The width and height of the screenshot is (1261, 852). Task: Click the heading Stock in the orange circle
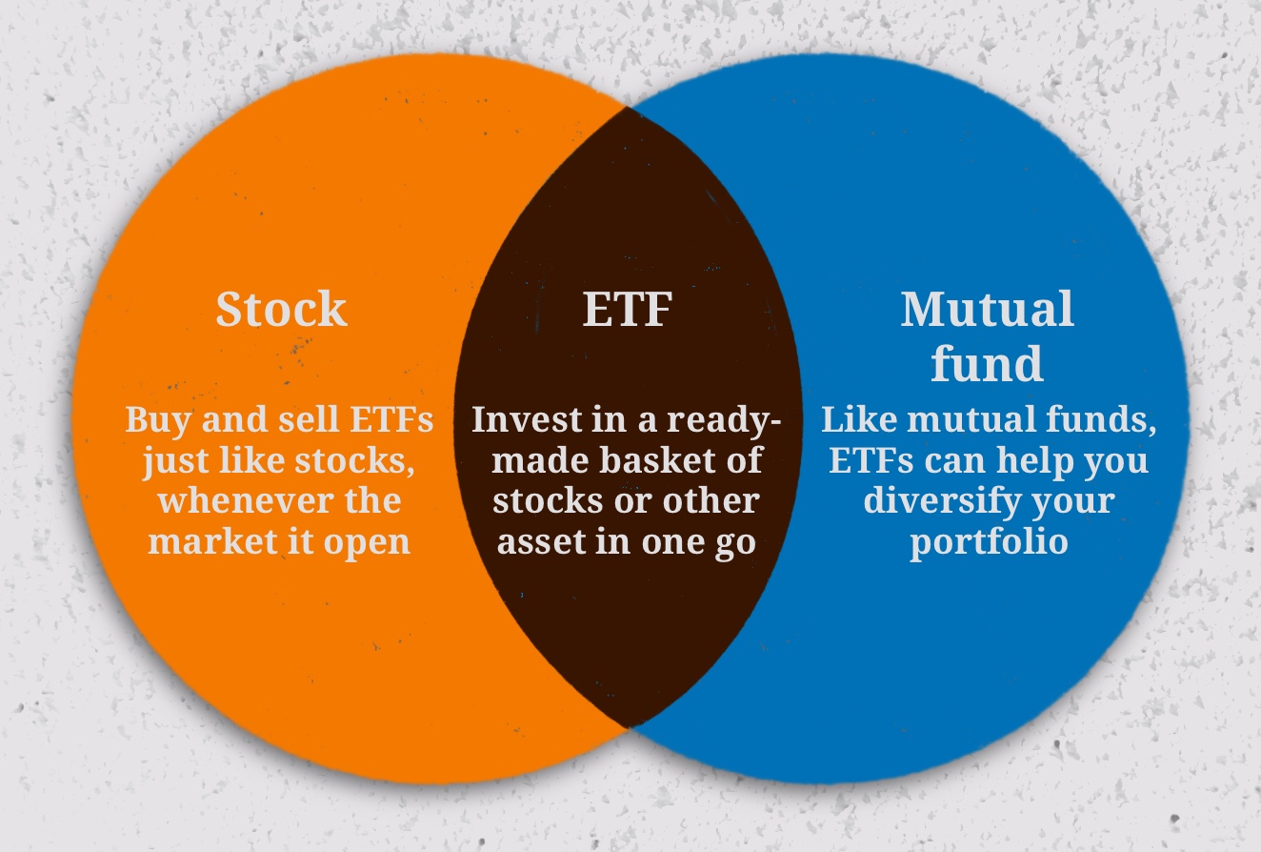coord(281,309)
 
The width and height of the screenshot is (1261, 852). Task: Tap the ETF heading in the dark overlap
coord(627,309)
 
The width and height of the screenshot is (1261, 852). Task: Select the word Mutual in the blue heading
coord(987,309)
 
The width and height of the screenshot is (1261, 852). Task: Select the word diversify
coord(938,500)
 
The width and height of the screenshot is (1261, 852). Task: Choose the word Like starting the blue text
coord(853,420)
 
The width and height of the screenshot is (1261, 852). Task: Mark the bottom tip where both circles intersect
coord(629,727)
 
